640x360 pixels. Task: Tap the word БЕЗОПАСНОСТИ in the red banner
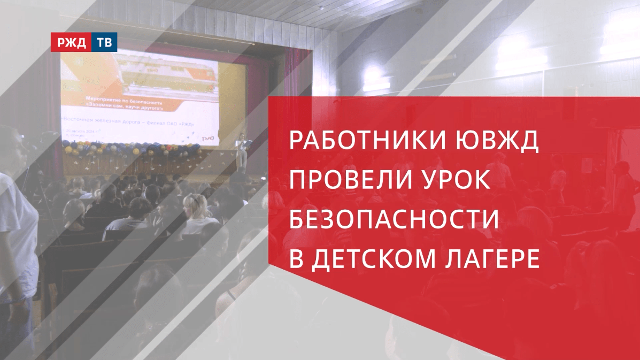[394, 220]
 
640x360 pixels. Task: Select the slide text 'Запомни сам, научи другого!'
[130, 106]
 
